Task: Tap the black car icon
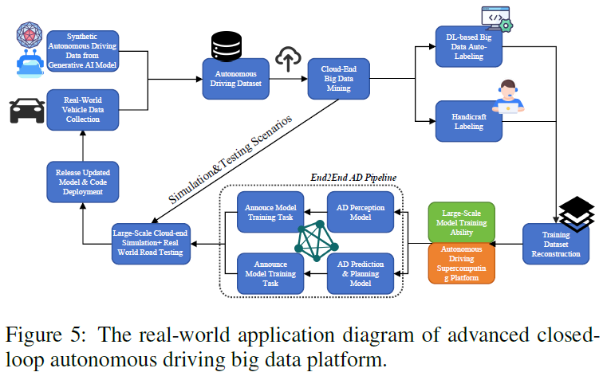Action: (x=26, y=112)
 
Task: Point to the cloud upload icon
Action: (x=286, y=57)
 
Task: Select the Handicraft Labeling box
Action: (x=468, y=120)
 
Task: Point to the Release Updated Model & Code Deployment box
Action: (x=78, y=180)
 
